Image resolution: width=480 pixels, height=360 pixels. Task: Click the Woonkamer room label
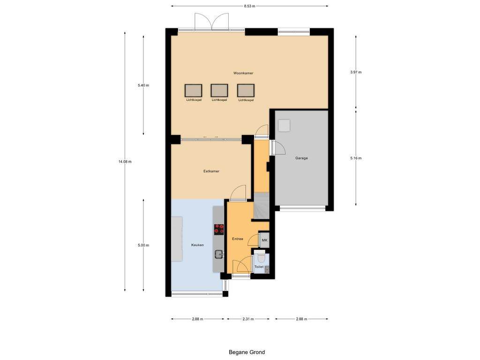click(243, 73)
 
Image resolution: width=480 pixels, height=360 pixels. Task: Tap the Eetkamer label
click(211, 171)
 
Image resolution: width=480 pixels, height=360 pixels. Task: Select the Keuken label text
click(197, 245)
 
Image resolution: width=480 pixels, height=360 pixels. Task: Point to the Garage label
click(301, 158)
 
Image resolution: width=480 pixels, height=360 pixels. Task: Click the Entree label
click(238, 239)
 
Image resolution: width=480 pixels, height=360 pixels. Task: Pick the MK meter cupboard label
click(264, 240)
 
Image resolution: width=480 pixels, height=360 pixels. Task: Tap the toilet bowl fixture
click(261, 258)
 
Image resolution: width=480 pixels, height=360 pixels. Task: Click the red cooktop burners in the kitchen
click(219, 229)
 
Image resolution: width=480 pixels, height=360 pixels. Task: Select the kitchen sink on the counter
click(218, 254)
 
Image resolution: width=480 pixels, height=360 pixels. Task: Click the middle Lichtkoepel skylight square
click(219, 90)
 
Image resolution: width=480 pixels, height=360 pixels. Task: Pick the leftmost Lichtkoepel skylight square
click(194, 90)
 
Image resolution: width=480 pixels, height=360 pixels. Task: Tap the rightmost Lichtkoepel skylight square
click(246, 90)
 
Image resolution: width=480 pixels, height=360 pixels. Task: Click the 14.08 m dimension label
click(125, 162)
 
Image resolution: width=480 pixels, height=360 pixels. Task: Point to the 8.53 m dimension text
click(249, 6)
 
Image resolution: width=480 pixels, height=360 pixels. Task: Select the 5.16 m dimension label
click(356, 158)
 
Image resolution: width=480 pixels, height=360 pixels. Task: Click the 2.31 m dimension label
click(248, 319)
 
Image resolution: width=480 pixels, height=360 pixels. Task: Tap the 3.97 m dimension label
click(356, 72)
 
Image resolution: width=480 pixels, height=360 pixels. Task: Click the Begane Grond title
click(247, 352)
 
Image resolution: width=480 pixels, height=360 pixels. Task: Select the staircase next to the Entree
click(262, 205)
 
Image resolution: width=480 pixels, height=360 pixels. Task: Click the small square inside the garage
click(284, 126)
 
